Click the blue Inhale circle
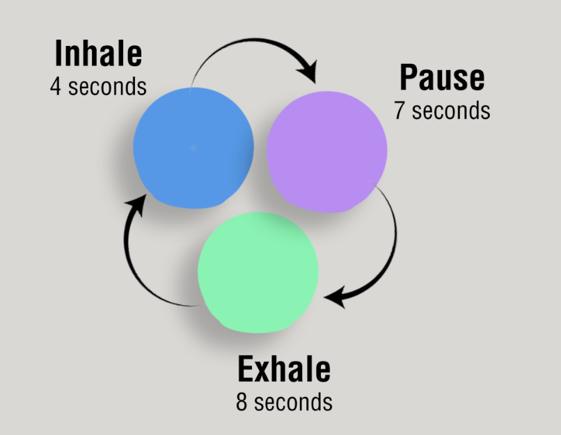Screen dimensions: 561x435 coord(193,148)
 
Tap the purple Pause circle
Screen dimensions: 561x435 coord(326,152)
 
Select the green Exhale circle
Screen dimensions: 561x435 coord(258,272)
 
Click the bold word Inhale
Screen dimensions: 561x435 coord(98,54)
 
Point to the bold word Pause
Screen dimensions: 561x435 coord(442,78)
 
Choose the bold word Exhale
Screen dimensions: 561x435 coord(284,369)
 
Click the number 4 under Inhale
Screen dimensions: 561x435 coord(56,87)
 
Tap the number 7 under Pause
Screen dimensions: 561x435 coord(400,110)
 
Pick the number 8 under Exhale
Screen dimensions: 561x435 coord(242,402)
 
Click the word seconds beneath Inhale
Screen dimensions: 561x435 coord(107,87)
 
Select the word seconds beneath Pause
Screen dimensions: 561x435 coord(451,110)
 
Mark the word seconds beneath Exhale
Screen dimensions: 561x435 coord(294,402)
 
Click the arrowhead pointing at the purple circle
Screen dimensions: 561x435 coord(308,72)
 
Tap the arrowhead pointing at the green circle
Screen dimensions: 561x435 coord(336,297)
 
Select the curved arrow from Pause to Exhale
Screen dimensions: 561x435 coord(395,243)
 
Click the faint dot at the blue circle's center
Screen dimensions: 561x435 coord(193,148)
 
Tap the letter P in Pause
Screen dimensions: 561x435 coord(409,78)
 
